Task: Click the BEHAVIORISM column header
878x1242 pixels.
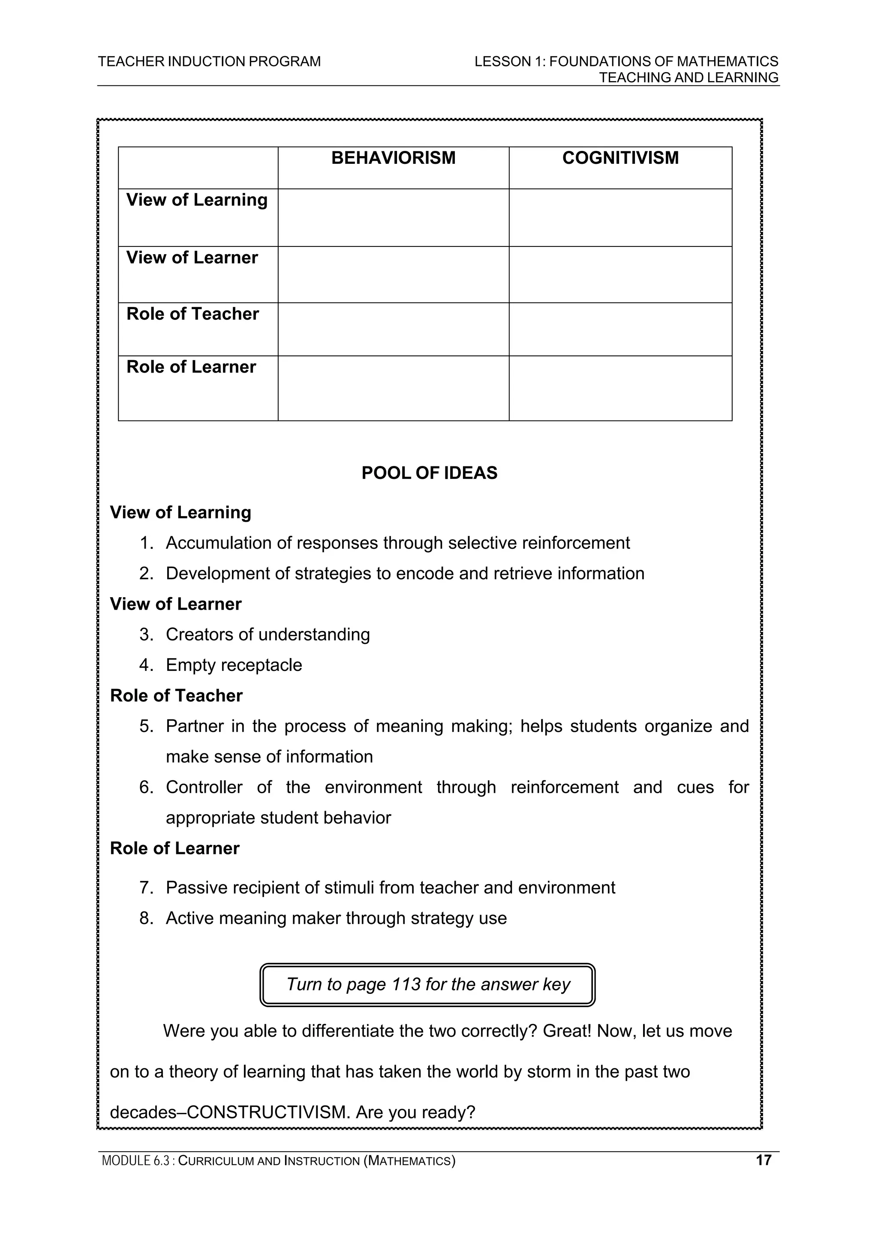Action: point(393,158)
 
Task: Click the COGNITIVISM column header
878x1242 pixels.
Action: point(620,158)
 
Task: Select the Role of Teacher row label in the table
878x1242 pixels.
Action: point(192,314)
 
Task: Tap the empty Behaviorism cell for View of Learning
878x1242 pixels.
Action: point(393,217)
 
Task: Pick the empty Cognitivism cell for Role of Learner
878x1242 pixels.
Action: point(620,388)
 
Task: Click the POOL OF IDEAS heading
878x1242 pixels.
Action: point(429,473)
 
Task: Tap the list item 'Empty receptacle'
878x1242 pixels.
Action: point(234,665)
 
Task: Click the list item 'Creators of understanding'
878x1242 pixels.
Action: point(268,635)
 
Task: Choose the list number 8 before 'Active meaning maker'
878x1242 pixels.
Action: point(146,918)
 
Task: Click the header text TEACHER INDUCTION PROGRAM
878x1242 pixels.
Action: point(209,62)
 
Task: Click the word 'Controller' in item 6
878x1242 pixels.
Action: point(204,787)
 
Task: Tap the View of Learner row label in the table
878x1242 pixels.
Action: point(192,258)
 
